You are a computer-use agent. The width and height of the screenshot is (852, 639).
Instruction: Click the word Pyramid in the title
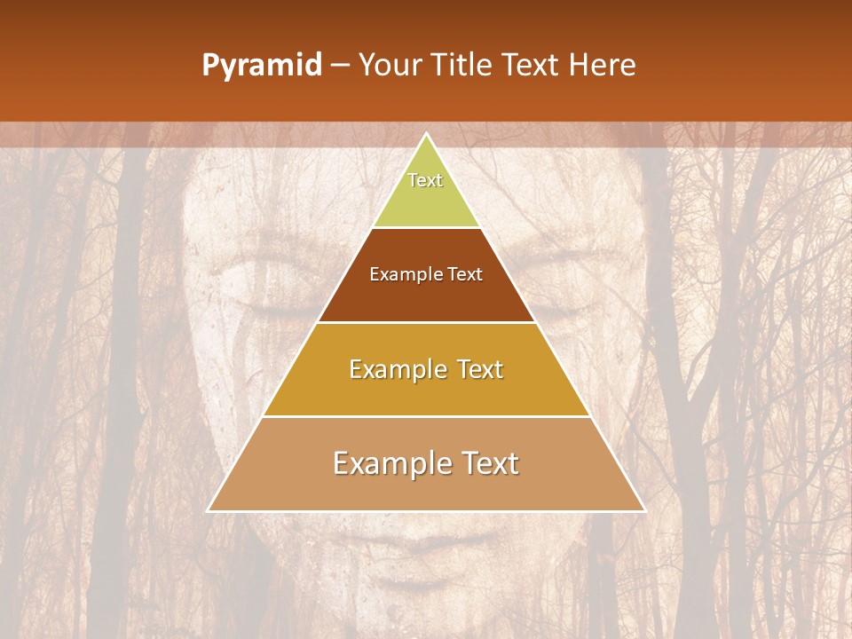262,66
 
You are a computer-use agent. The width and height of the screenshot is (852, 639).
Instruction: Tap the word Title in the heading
462,66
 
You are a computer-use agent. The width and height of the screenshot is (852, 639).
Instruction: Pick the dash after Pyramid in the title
339,67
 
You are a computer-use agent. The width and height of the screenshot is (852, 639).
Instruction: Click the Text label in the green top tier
425,180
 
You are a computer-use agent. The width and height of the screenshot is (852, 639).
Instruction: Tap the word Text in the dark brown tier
467,274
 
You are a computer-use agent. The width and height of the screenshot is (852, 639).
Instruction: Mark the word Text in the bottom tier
489,463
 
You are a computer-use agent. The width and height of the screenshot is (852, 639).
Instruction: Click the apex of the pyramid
426,134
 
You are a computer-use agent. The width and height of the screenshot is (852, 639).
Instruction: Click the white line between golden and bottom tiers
426,416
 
